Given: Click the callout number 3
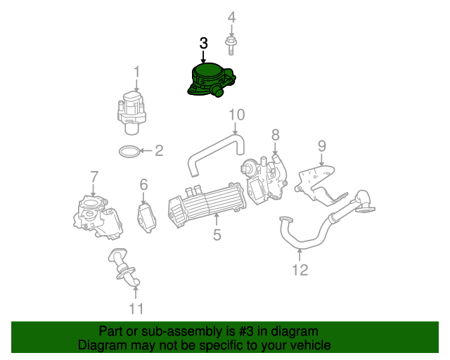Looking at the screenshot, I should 204,44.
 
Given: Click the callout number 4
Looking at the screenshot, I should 231,17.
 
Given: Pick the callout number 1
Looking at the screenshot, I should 136,71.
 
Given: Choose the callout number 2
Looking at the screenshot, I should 159,150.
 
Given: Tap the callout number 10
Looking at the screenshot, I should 236,114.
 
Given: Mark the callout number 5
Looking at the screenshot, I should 217,235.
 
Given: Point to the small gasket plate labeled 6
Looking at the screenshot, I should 146,215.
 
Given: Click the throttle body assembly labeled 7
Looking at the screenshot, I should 94,214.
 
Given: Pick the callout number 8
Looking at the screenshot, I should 275,134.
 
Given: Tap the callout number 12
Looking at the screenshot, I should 300,269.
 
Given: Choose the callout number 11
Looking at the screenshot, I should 136,308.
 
